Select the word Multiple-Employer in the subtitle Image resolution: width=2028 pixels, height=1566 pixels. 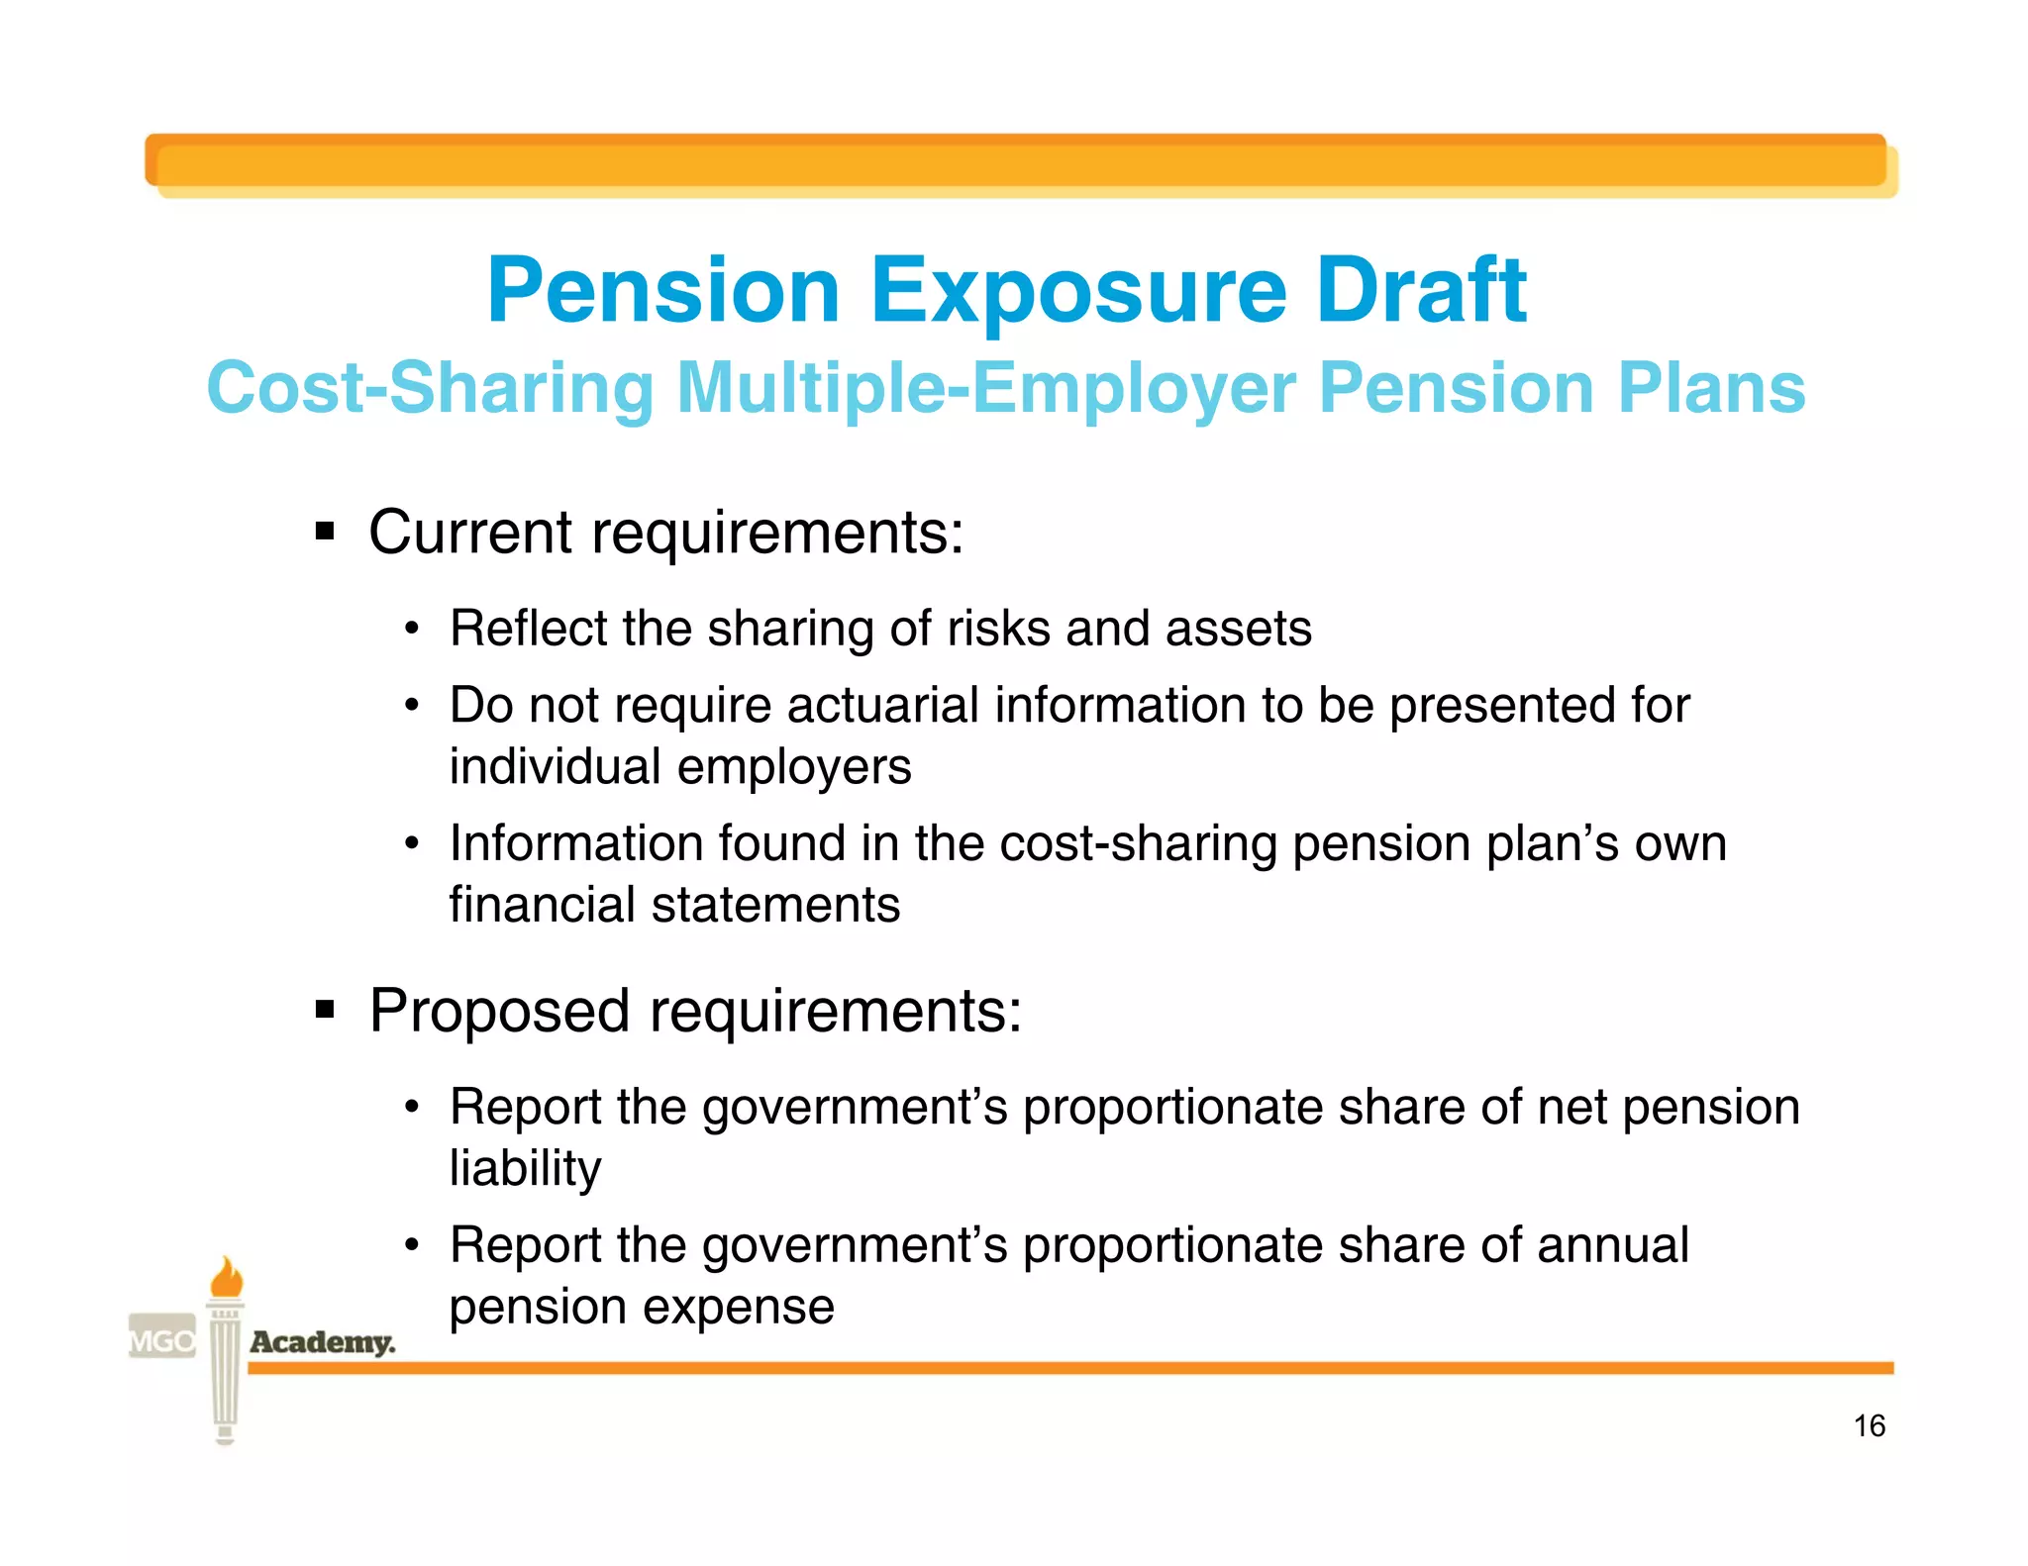pos(985,388)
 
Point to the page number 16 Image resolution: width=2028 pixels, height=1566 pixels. pos(1869,1425)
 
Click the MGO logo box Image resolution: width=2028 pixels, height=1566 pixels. pos(162,1340)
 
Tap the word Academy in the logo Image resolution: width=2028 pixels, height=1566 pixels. pos(322,1342)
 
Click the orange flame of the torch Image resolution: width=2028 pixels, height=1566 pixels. pos(227,1277)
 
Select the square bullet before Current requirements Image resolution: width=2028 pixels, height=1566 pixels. pos(325,532)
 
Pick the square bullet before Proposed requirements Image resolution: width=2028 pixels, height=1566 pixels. pos(325,1010)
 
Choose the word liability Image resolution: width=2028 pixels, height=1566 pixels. pos(525,1169)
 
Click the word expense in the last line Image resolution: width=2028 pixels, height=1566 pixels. pos(739,1307)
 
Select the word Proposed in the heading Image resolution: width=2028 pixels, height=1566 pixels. pos(499,1012)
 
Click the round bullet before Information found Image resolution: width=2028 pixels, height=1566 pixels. pos(412,845)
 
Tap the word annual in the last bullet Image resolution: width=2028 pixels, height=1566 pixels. pos(1612,1245)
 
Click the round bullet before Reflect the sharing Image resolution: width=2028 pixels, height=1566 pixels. pos(412,630)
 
